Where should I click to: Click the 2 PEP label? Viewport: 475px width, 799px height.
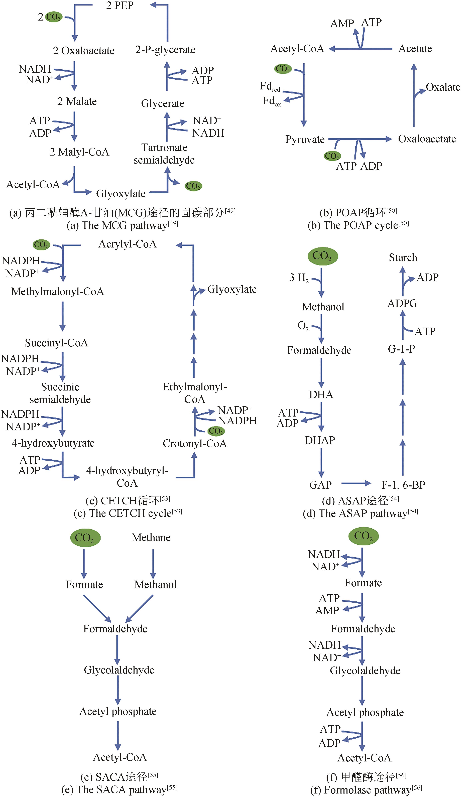click(x=120, y=6)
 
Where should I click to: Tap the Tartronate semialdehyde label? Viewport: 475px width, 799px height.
click(x=164, y=154)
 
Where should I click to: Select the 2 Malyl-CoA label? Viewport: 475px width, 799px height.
click(x=79, y=152)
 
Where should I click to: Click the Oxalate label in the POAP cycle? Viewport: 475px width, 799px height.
click(x=443, y=87)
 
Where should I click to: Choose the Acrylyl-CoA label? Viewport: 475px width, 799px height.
click(x=127, y=244)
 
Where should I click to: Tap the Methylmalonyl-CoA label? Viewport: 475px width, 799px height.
click(x=58, y=292)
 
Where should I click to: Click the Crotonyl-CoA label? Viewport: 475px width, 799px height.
click(x=195, y=444)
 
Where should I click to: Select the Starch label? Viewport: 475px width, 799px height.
click(x=403, y=258)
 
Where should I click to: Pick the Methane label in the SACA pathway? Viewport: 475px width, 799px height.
click(x=151, y=538)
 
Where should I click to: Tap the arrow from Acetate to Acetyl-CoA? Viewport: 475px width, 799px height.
click(x=360, y=49)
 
